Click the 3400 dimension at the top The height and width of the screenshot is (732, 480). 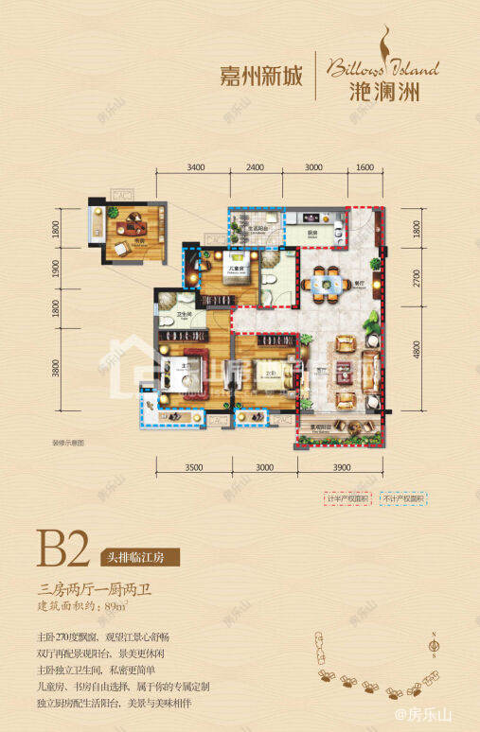[196, 167]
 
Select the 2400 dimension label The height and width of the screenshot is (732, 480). [256, 167]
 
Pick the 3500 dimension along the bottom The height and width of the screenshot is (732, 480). [196, 467]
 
